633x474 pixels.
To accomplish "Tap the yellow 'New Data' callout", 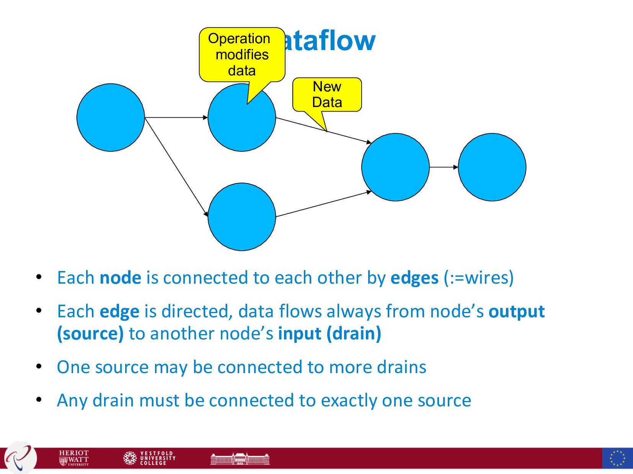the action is tap(327, 94).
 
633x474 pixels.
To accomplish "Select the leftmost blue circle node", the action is tap(111, 117).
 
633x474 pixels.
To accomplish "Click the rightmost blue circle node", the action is tap(492, 167).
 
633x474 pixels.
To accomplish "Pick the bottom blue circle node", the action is tap(241, 217).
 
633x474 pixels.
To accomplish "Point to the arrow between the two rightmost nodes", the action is tap(444, 167).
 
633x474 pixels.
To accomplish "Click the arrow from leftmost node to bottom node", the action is tap(176, 167).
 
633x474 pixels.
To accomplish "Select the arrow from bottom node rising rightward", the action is tap(323, 204).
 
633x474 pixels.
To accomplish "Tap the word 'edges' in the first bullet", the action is tap(414, 278).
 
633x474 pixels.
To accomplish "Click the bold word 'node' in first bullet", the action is tap(120, 278).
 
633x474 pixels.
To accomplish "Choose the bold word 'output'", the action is tap(516, 312).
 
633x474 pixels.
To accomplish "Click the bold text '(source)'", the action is tap(90, 334).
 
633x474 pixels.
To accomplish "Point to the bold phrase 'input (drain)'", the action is tap(330, 334).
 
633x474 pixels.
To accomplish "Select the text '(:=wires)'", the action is tap(478, 278).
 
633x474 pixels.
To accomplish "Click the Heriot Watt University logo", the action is tap(74, 458).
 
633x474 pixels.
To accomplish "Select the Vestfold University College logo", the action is tap(149, 458).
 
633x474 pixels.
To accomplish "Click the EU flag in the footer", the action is tap(617, 458).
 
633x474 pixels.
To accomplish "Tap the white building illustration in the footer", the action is tap(240, 458).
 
